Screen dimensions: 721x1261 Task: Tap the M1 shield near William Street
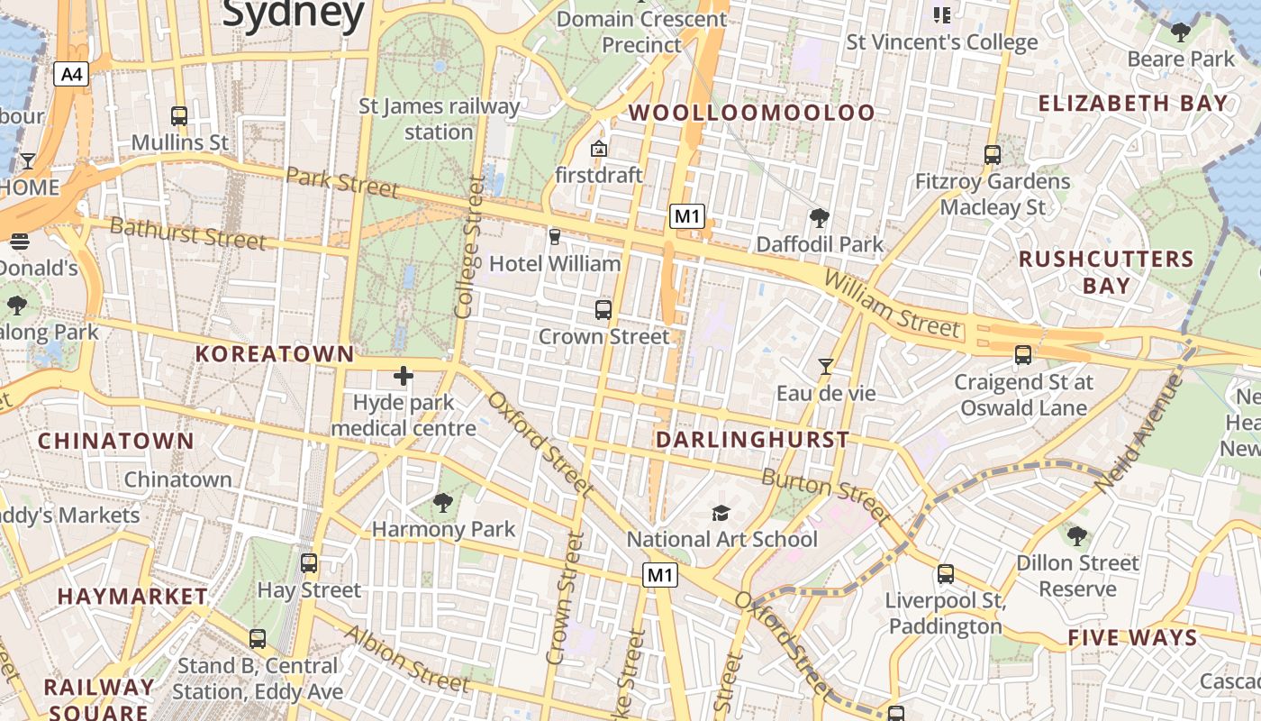coord(686,216)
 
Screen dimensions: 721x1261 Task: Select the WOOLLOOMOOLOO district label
coord(751,113)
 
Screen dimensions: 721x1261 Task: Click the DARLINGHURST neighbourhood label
coord(752,440)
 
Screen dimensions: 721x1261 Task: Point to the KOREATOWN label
coord(275,354)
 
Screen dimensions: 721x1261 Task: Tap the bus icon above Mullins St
coord(179,116)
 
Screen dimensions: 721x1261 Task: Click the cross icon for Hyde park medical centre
coord(403,376)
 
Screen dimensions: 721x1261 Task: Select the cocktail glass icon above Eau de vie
coord(825,367)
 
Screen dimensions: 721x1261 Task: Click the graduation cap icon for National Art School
coord(721,513)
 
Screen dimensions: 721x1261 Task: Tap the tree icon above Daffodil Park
coord(819,218)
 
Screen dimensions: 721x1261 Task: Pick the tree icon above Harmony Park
coord(442,502)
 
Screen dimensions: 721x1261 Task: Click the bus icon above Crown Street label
coord(603,310)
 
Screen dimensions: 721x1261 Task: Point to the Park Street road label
coord(341,182)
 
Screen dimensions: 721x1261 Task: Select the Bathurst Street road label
coord(187,233)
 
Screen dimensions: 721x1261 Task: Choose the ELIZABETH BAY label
coord(1133,103)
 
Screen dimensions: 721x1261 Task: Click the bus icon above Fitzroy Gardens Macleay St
coord(992,155)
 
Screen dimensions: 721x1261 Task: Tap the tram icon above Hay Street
coord(309,564)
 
